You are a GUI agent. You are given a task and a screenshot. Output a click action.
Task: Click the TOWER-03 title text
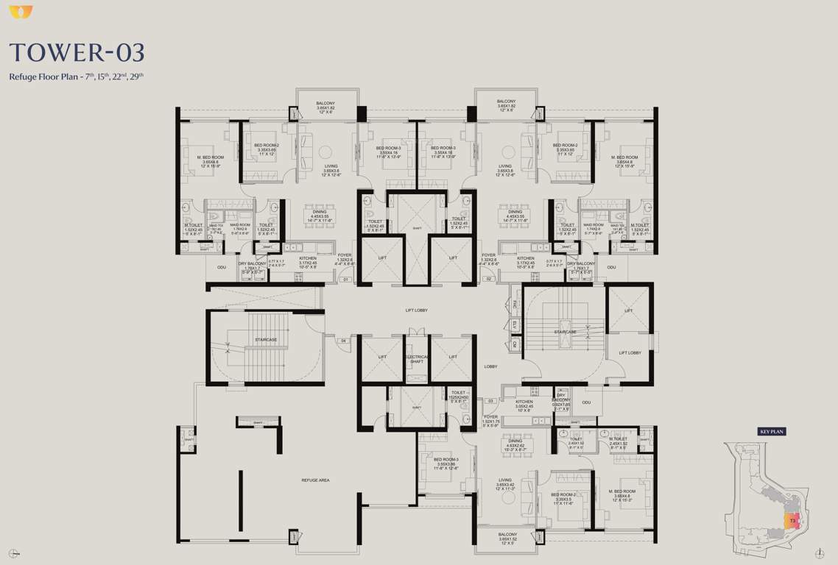click(77, 53)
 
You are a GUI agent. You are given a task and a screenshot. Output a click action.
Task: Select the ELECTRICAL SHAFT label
click(417, 360)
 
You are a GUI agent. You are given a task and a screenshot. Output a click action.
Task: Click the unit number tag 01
click(345, 280)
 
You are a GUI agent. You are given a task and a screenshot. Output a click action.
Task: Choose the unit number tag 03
click(490, 401)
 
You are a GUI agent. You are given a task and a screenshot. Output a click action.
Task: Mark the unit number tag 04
click(343, 341)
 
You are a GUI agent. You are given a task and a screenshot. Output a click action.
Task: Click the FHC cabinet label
click(515, 305)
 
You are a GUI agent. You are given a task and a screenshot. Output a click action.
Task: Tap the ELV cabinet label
click(515, 324)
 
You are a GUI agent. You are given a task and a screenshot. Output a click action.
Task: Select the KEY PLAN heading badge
click(772, 432)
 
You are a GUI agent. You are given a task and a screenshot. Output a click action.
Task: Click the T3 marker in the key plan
click(792, 521)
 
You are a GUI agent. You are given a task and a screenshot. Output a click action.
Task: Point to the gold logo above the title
click(15, 10)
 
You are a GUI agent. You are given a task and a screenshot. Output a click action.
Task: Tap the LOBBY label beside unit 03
click(490, 366)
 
